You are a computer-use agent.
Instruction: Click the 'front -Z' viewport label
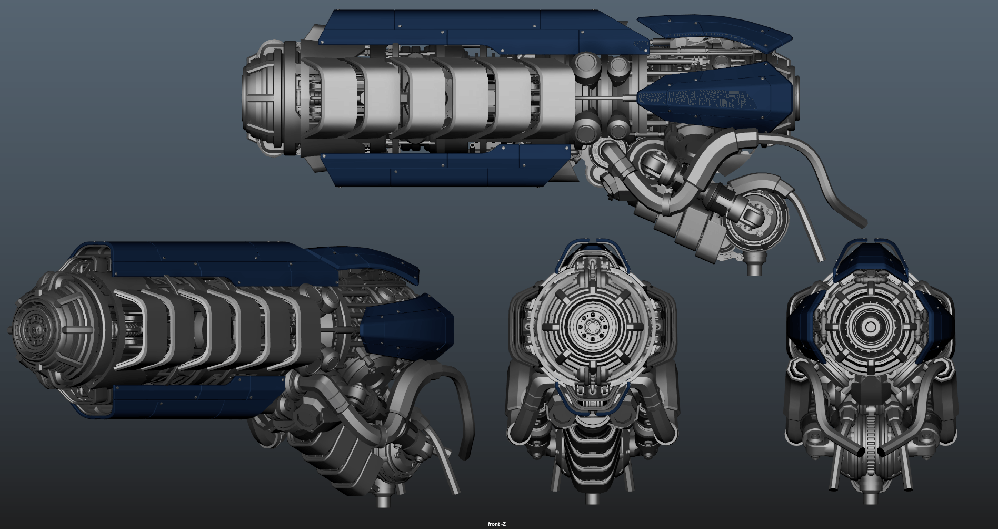[x=496, y=524]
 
